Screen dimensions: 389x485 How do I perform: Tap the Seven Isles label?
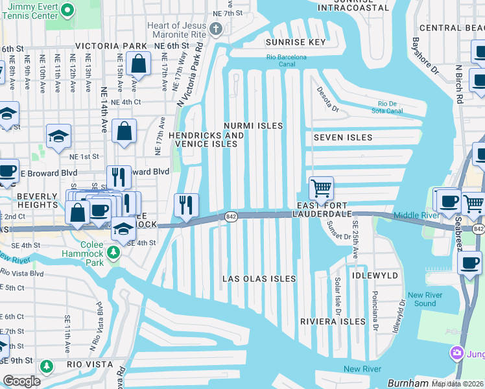pos(343,137)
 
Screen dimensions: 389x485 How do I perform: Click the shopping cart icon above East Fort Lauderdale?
pos(321,189)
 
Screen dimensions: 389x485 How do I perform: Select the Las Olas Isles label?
pos(259,279)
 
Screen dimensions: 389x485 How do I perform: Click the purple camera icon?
pos(457,353)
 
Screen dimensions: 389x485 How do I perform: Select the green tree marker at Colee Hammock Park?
pos(115,252)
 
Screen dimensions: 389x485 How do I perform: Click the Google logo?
pos(21,381)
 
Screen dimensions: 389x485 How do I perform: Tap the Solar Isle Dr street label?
pos(337,295)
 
